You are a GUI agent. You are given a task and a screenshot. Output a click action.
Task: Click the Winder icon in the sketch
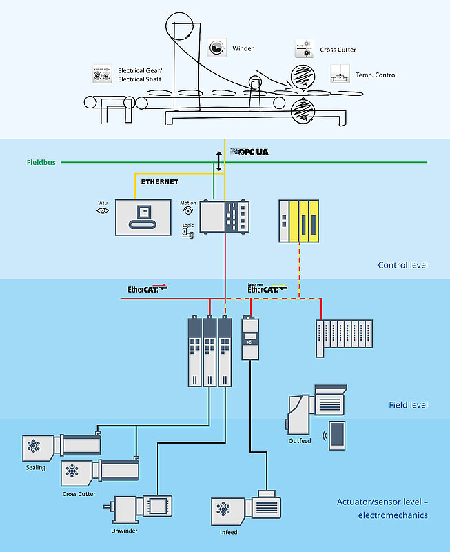tap(217, 48)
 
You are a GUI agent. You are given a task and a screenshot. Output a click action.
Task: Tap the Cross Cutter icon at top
tap(304, 49)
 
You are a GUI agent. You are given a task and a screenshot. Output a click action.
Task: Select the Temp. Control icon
tap(340, 74)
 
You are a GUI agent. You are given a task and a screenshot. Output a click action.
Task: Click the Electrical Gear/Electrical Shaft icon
tap(103, 75)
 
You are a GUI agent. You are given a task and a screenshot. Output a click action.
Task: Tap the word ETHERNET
tap(160, 181)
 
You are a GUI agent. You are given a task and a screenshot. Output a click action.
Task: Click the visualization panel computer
tap(143, 216)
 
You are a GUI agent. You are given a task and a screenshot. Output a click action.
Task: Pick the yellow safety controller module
tap(299, 221)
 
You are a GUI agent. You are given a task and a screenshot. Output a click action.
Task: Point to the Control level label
tap(402, 265)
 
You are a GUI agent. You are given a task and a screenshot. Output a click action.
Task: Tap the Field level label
tap(409, 404)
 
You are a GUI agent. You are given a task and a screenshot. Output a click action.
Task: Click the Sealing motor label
tap(35, 468)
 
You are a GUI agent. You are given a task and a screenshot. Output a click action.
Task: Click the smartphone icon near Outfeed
tap(337, 435)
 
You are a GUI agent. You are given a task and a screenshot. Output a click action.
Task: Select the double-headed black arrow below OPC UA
tap(219, 159)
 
